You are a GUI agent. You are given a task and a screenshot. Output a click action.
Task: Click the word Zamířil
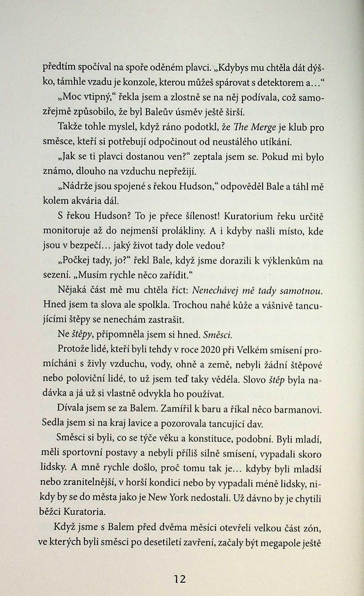(x=177, y=409)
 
